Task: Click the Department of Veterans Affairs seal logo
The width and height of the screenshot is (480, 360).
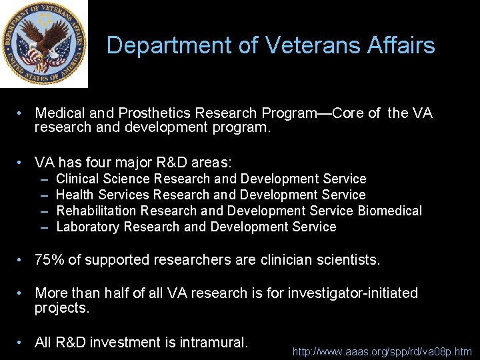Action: [x=43, y=44]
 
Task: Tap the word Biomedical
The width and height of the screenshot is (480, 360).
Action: [x=389, y=211]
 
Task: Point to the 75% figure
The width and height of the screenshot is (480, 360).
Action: [x=50, y=260]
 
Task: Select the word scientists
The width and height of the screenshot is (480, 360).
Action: [x=347, y=260]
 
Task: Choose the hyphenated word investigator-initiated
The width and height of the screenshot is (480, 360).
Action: [x=353, y=293]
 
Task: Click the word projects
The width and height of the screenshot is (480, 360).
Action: [x=62, y=308]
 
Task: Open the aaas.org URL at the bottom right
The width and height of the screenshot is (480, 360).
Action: [x=382, y=351]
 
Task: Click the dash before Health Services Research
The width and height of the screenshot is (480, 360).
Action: [x=44, y=195]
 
